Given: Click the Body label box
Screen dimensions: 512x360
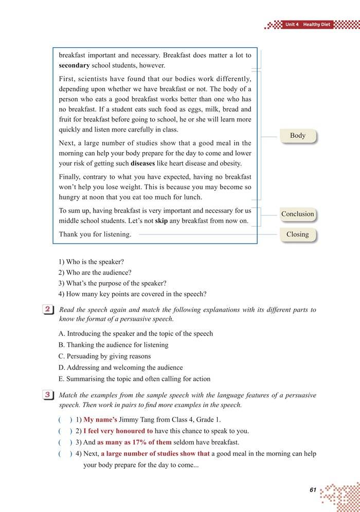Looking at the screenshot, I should pos(298,136).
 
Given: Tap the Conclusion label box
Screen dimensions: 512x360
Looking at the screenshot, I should pos(297,214).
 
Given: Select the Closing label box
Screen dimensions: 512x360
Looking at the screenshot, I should pos(298,234).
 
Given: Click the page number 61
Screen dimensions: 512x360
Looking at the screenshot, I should pos(313,490).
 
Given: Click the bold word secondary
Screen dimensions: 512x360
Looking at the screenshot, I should pos(74,65).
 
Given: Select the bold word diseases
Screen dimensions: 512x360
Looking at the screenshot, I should pos(146,163).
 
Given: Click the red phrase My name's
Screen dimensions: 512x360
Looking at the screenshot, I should pos(100,419).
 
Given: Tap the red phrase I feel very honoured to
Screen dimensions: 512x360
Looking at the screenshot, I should pos(118,431).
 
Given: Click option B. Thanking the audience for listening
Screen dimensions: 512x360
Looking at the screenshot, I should pos(114,345).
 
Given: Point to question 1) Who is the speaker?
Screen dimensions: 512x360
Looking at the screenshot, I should pos(91,262).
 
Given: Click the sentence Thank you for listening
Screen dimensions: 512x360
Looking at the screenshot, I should pos(95,234).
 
